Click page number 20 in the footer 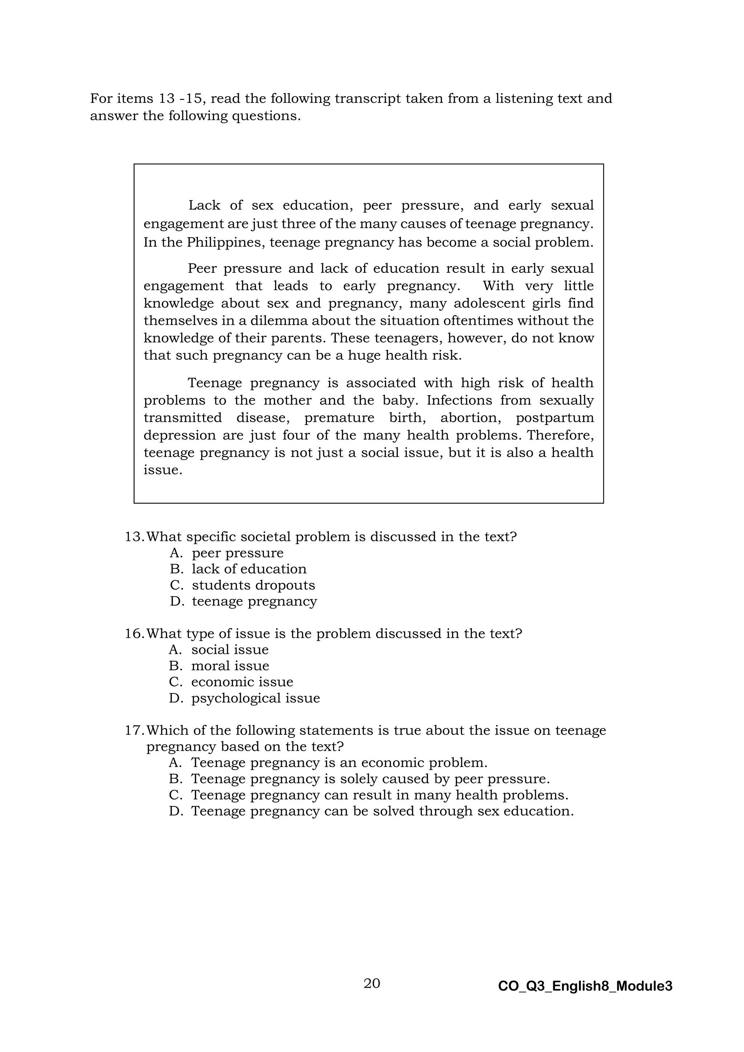point(372,983)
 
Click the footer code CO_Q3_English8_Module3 point(585,986)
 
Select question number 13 point(135,537)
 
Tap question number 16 point(135,633)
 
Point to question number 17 point(135,731)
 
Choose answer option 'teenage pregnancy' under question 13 point(254,601)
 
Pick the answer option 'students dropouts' point(253,585)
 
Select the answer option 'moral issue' point(230,666)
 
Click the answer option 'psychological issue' point(256,698)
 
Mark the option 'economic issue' point(242,682)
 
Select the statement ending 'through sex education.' point(382,811)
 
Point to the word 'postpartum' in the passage point(554,418)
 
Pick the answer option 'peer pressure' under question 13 point(237,553)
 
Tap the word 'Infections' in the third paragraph point(458,400)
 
